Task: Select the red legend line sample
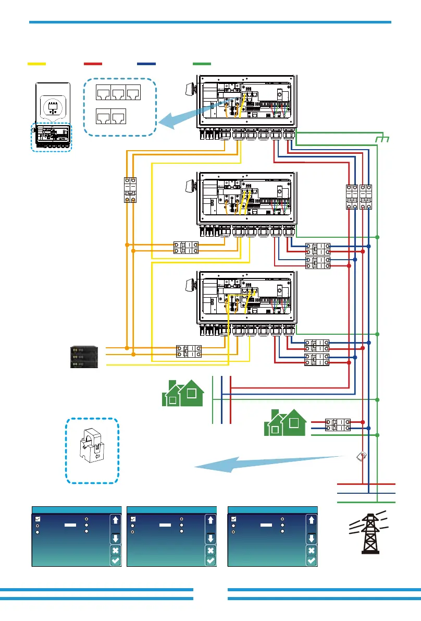[x=92, y=64]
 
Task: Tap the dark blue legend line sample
[x=146, y=64]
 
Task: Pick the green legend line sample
[x=202, y=64]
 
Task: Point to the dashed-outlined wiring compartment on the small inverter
[x=51, y=137]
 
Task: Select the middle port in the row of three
[x=119, y=93]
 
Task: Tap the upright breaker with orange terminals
[x=129, y=190]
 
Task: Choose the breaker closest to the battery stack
[x=189, y=350]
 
